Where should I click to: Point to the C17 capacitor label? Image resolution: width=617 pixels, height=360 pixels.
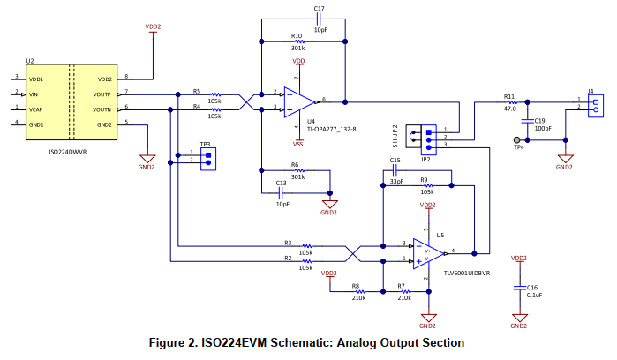pos(320,8)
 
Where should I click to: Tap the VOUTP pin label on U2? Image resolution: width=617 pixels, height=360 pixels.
pos(102,94)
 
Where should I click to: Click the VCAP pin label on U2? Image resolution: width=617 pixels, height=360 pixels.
pos(36,109)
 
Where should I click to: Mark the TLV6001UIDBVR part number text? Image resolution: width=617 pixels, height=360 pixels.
pos(468,273)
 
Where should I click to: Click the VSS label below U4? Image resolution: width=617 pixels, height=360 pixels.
pos(299,144)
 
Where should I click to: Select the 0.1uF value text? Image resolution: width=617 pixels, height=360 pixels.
pos(533,296)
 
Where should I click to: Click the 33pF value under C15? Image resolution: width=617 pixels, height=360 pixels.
pos(396,182)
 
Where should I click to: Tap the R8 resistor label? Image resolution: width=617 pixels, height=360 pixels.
pos(356,286)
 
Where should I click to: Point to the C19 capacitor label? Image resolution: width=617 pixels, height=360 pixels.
pos(540,119)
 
